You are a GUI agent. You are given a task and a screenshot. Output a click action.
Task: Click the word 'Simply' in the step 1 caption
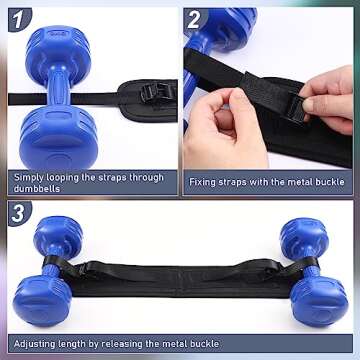[28, 176]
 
